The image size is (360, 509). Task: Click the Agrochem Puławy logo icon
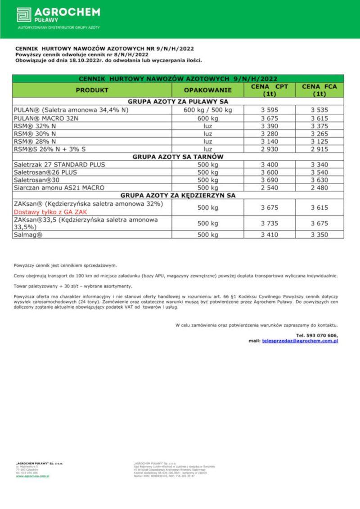coord(24,14)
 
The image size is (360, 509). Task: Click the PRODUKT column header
coord(92,90)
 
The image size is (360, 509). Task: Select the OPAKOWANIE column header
coord(207,90)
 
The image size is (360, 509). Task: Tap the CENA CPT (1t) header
coord(270,90)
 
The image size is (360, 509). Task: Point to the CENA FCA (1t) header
coord(319,90)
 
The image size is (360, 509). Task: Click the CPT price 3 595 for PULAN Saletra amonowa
coord(270,110)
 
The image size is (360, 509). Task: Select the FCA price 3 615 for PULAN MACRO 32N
coord(319,118)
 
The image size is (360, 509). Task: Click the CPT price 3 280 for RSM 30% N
coord(270,133)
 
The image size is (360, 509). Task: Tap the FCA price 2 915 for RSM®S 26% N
coord(319,149)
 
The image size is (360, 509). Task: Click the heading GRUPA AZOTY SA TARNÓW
coord(178,157)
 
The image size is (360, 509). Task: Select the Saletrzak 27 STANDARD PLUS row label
coord(59,165)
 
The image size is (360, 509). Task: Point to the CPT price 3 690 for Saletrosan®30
coord(270,180)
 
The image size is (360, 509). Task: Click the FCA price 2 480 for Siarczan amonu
coord(319,188)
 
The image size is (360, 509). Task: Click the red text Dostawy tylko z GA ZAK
coord(50,212)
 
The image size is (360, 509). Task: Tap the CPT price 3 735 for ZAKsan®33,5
coord(270,223)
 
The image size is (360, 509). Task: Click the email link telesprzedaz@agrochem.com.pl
coord(300,341)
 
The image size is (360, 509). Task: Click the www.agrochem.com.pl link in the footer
coord(32,476)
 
